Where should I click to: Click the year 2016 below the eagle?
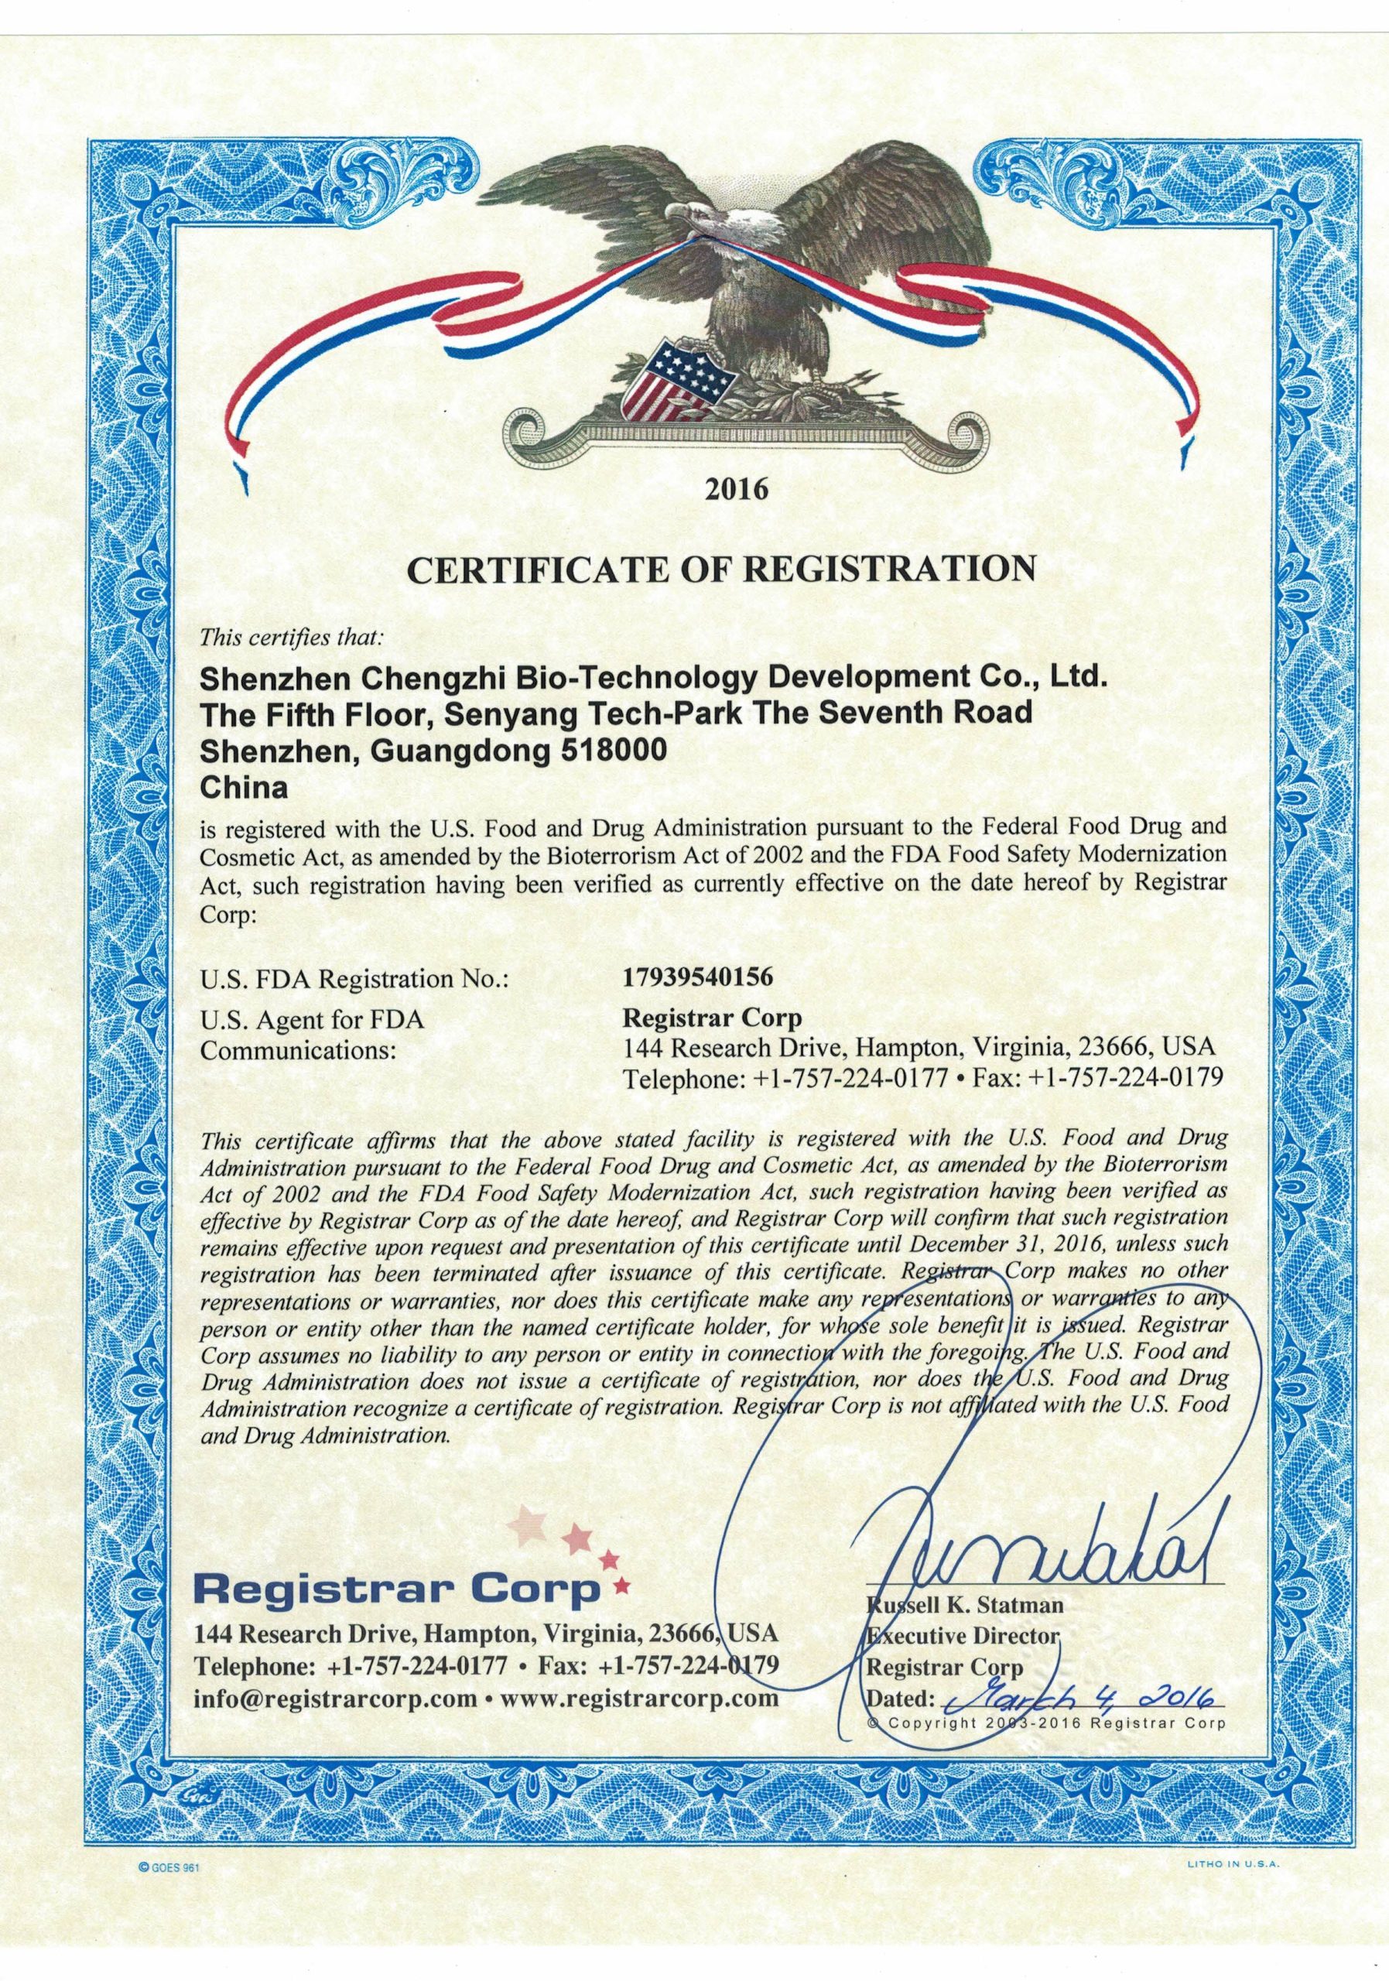pos(736,490)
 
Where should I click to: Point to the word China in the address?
pos(242,788)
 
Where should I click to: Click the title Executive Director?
pos(962,1636)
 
